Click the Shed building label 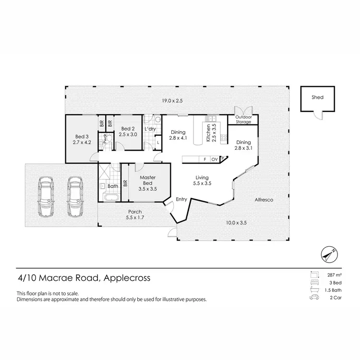[x=317, y=97]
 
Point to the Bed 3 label [x=81, y=139]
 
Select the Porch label [x=134, y=214]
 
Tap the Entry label [x=181, y=199]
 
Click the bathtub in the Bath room [x=113, y=197]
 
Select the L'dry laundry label [x=150, y=129]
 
